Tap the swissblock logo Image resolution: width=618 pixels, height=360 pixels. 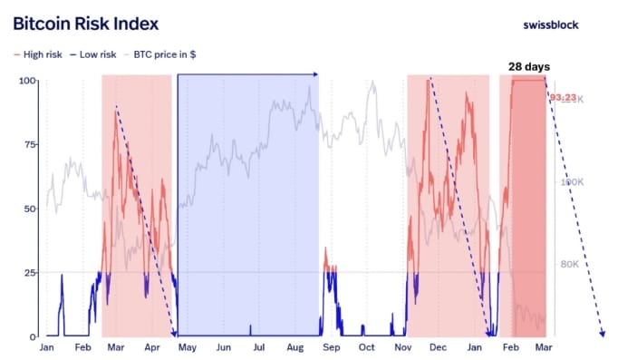550,24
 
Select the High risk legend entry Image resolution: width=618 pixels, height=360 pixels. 40,54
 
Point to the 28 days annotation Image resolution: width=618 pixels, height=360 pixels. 528,66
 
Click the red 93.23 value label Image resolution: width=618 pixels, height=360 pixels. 563,97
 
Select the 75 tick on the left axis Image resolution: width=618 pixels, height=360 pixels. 29,144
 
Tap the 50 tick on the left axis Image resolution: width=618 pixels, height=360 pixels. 29,209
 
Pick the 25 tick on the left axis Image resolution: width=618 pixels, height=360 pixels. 29,273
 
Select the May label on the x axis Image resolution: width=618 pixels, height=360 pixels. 187,347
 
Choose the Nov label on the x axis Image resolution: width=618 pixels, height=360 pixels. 402,347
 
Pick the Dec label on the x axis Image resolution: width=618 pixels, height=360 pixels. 438,347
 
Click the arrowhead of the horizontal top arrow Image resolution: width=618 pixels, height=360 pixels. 315,74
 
